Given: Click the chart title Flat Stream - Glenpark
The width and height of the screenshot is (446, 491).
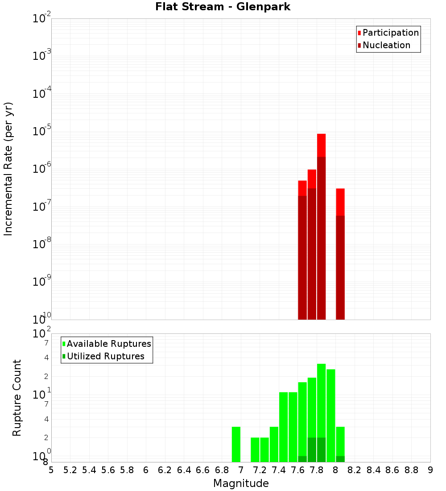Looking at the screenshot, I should coord(223,7).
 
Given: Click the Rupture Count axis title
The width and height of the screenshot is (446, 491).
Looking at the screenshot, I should coord(17,398).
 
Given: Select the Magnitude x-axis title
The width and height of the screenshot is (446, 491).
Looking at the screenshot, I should coord(241,483).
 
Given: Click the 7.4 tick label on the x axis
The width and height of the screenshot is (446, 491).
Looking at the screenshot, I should coord(279,470).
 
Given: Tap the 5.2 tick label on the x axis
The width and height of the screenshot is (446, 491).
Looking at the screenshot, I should coord(70,470).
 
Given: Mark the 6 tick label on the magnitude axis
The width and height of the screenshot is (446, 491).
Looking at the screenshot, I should coord(146,470).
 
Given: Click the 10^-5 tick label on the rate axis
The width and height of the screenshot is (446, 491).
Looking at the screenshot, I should coord(42,131).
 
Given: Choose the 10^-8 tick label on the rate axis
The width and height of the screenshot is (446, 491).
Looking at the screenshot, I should coord(42,244).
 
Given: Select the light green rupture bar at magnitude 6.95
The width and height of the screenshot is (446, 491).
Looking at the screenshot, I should coord(236,445).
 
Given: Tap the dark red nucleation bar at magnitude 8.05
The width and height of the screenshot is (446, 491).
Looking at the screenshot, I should coord(340,268).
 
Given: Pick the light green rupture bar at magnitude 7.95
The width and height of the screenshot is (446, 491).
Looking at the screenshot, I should coord(330,416).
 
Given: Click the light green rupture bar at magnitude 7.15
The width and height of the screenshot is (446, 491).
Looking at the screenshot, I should coord(255,450).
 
